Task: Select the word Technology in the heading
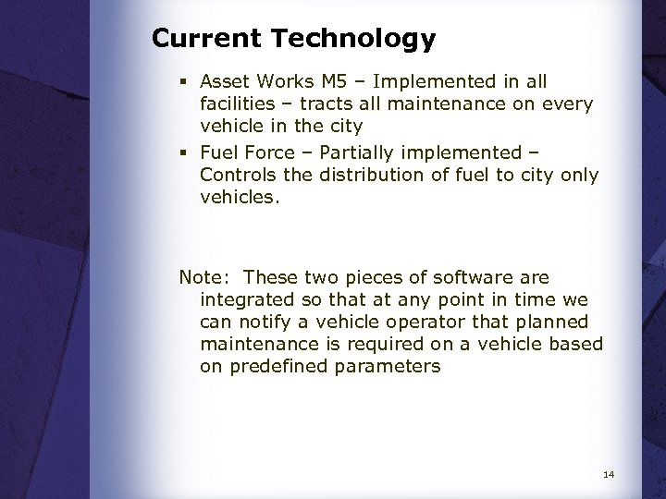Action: [x=353, y=40]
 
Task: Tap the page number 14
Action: [x=608, y=475]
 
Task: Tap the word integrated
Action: [x=245, y=299]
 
